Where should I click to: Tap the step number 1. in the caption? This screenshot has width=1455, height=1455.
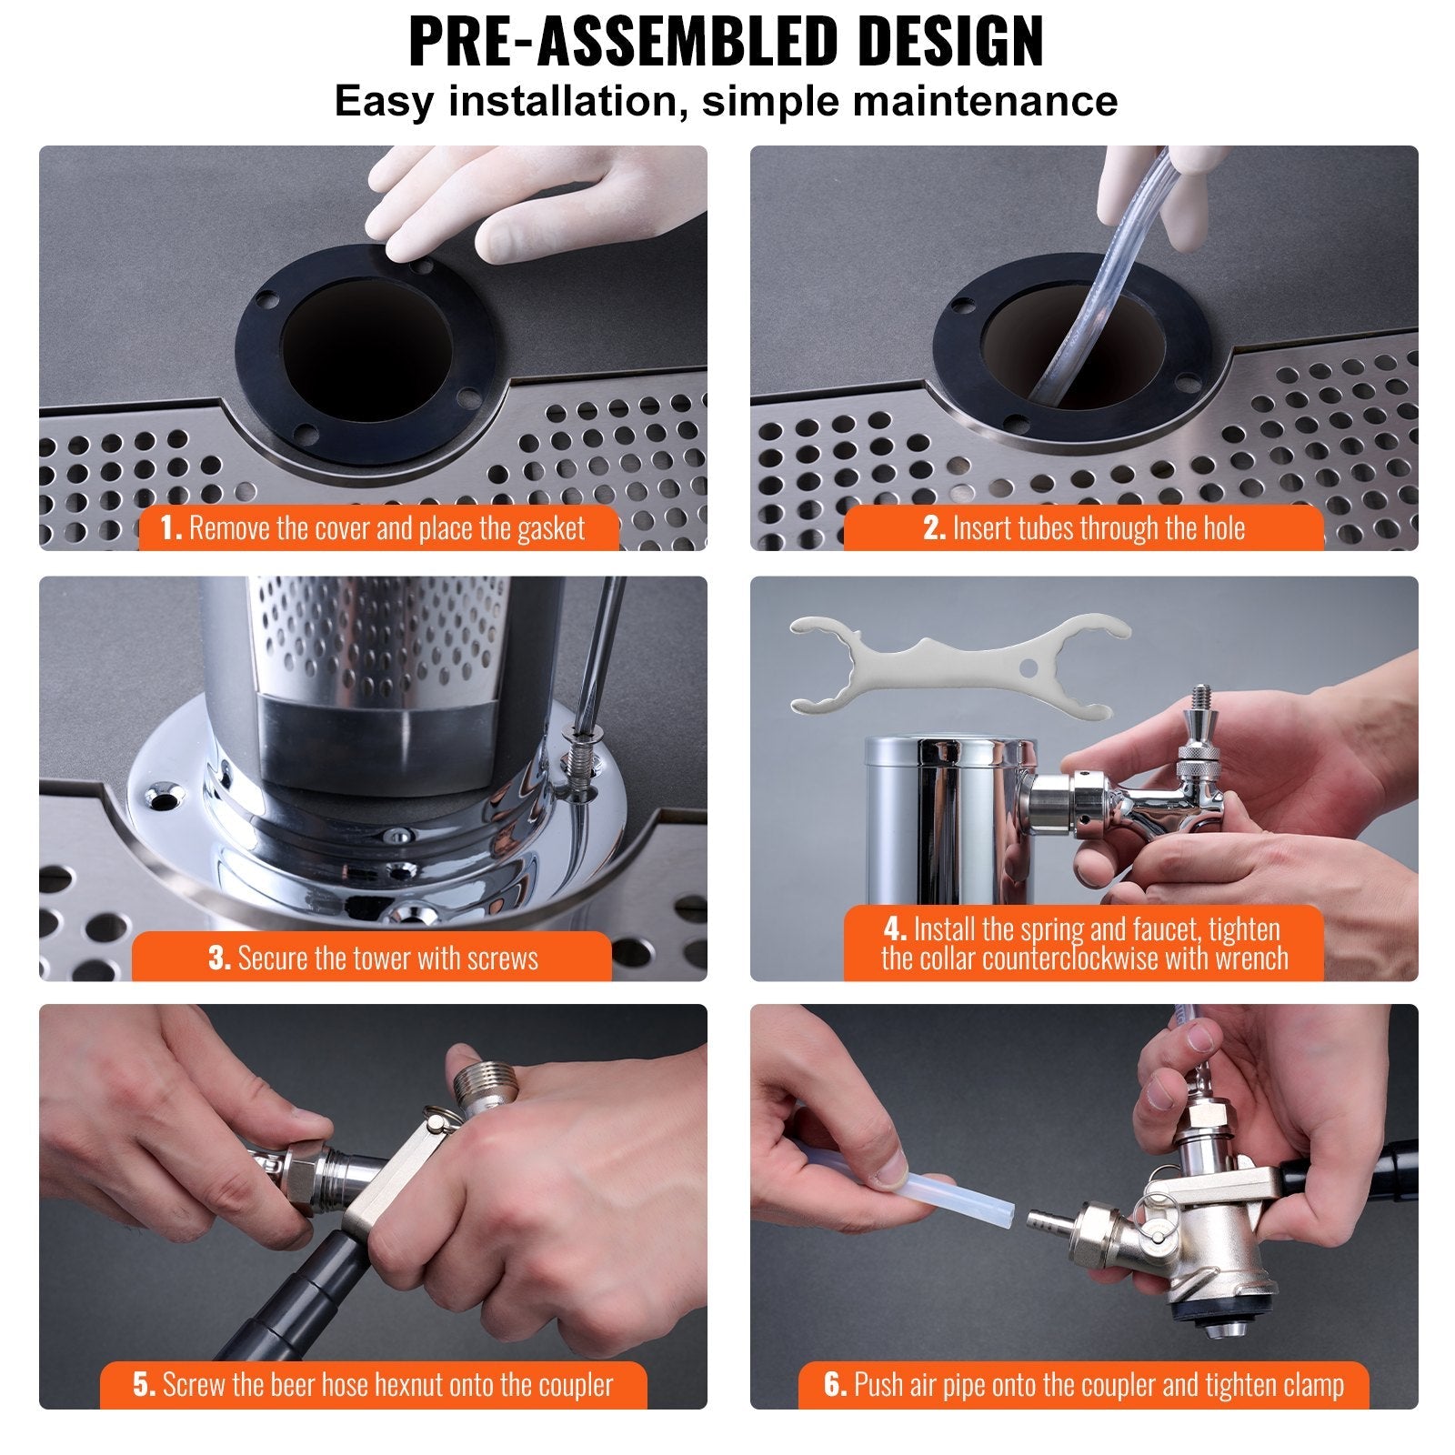pyautogui.click(x=172, y=528)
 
